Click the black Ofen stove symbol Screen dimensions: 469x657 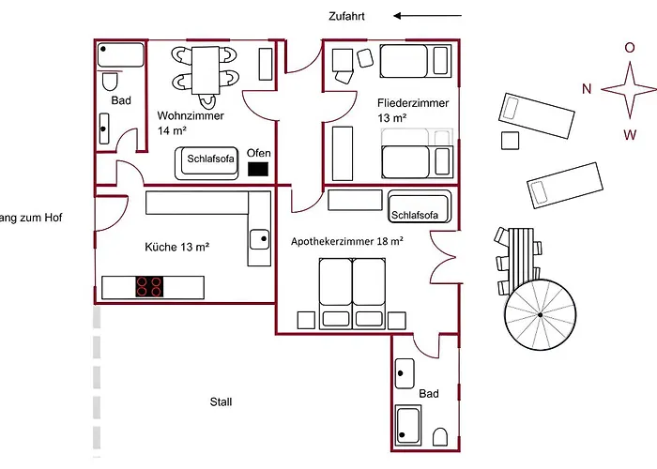click(x=258, y=170)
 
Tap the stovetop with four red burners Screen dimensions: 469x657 click(x=148, y=286)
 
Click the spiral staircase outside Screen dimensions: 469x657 click(x=541, y=315)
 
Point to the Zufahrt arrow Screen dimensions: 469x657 click(x=428, y=16)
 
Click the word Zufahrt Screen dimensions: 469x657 click(x=346, y=16)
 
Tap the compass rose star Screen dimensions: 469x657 click(x=629, y=90)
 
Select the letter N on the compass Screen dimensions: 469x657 click(x=586, y=90)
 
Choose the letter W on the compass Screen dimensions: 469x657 click(x=630, y=134)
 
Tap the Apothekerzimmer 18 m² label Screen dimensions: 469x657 click(x=347, y=241)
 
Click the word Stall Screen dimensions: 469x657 click(x=222, y=401)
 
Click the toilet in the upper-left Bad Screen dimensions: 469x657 click(x=110, y=79)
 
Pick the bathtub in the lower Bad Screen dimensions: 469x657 click(x=411, y=426)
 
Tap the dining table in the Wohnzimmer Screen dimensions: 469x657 click(x=205, y=69)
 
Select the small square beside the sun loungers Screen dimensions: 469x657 click(x=511, y=141)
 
